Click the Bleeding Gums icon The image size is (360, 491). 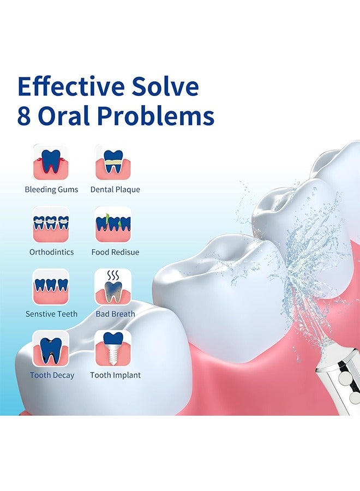(51, 162)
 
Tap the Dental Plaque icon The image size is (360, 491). (113, 162)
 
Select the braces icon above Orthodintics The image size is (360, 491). (51, 224)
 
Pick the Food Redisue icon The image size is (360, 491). (113, 224)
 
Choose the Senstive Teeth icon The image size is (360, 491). (51, 286)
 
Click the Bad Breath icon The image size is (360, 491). (113, 286)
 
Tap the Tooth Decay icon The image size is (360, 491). (51, 348)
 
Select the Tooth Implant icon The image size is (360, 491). (113, 348)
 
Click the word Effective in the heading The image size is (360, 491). (71, 86)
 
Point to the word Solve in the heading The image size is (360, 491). (165, 86)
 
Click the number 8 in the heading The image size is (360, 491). (24, 116)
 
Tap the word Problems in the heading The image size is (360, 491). (155, 116)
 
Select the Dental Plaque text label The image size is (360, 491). (115, 189)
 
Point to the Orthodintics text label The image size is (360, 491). (52, 252)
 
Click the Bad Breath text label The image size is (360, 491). (115, 314)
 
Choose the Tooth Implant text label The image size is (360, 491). (115, 375)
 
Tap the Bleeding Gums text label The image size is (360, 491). (51, 189)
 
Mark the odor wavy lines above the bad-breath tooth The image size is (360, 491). (113, 276)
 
